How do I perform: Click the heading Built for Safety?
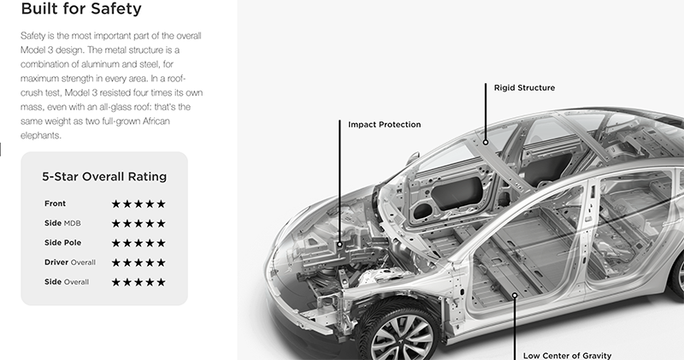pyautogui.click(x=81, y=9)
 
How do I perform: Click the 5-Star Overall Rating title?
pyautogui.click(x=104, y=177)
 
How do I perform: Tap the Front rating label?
pyautogui.click(x=55, y=204)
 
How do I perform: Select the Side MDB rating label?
pyautogui.click(x=62, y=223)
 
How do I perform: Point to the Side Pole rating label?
pyautogui.click(x=62, y=243)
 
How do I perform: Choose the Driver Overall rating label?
pyautogui.click(x=70, y=263)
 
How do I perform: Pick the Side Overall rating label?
pyautogui.click(x=67, y=282)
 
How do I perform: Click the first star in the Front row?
pyautogui.click(x=115, y=204)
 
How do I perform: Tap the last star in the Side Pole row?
pyautogui.click(x=161, y=243)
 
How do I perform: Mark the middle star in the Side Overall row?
pyautogui.click(x=139, y=282)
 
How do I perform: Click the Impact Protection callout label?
pyautogui.click(x=384, y=125)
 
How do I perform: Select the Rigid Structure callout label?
pyautogui.click(x=524, y=88)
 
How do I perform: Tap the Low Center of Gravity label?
pyautogui.click(x=567, y=356)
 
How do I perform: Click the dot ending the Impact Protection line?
pyautogui.click(x=339, y=245)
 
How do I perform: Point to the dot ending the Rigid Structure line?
pyautogui.click(x=486, y=142)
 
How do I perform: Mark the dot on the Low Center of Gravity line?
pyautogui.click(x=515, y=295)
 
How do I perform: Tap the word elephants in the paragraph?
pyautogui.click(x=40, y=135)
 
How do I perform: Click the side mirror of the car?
pyautogui.click(x=413, y=156)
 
